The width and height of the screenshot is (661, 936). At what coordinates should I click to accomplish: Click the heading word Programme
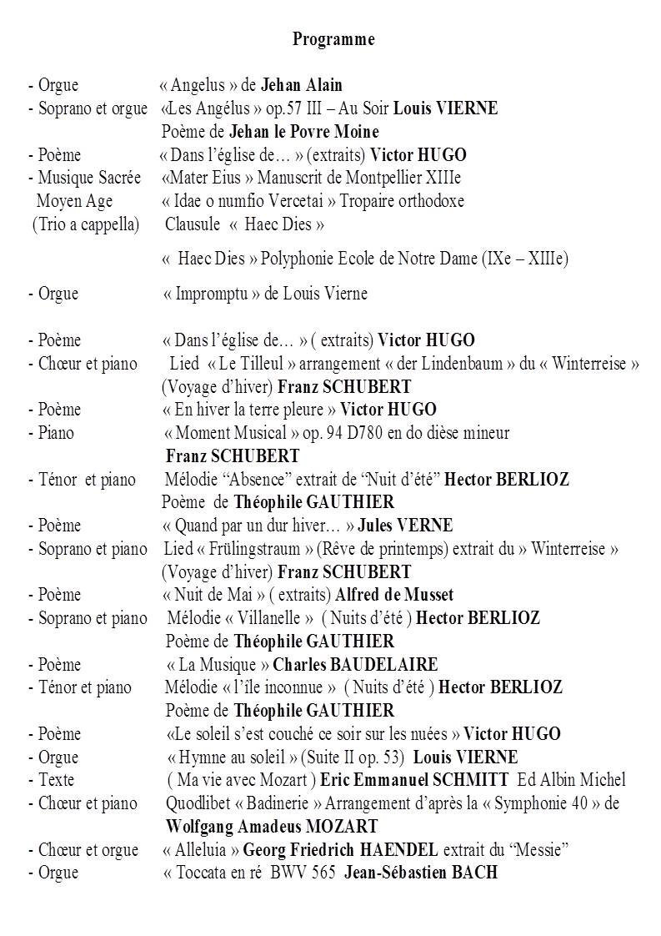pyautogui.click(x=333, y=39)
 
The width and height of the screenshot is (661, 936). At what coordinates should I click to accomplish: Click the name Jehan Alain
pyautogui.click(x=301, y=85)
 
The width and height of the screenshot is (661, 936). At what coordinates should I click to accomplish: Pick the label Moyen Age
pyautogui.click(x=74, y=201)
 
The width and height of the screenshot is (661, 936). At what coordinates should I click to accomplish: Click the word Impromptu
pyautogui.click(x=207, y=294)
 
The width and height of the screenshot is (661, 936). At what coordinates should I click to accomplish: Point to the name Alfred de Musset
pyautogui.click(x=395, y=595)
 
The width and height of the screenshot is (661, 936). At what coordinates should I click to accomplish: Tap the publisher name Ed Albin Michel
pyautogui.click(x=571, y=780)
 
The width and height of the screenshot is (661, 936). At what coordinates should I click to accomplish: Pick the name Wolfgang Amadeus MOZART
pyautogui.click(x=272, y=827)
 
